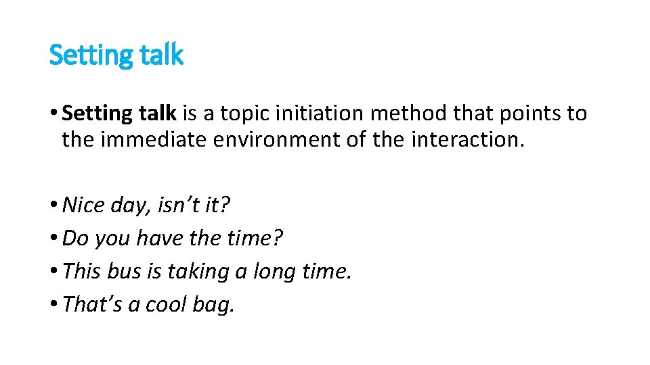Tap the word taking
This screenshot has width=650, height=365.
coord(201,272)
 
